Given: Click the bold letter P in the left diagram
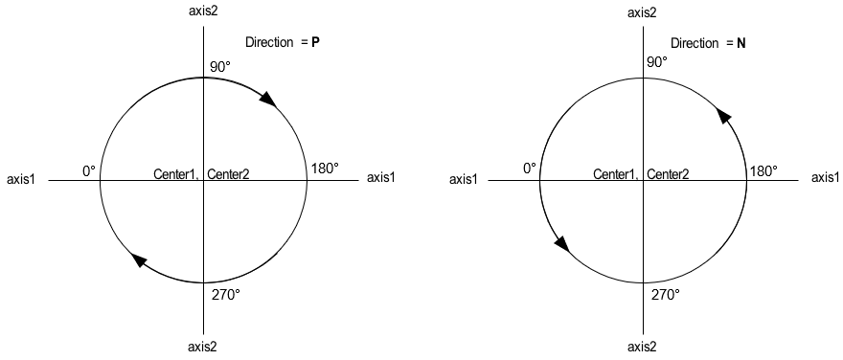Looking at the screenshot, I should [316, 43].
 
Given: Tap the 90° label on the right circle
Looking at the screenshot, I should [656, 62].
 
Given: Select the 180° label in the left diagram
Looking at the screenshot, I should [324, 169].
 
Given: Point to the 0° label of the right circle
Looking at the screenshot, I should [530, 169].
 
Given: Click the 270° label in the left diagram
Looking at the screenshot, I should [224, 294].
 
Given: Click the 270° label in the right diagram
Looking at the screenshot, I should [666, 294].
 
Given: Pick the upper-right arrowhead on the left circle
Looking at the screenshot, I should [268, 100].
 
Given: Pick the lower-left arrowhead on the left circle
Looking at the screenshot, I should [139, 259].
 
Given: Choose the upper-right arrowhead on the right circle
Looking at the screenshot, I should [724, 115].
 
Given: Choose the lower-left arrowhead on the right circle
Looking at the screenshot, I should [561, 244].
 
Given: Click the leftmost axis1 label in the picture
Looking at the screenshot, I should [22, 179].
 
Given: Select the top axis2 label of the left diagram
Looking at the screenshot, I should [203, 11].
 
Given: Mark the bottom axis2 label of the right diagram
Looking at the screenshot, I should [642, 347].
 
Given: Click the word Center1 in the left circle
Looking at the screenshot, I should [175, 174].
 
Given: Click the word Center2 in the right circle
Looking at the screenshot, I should [667, 174].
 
